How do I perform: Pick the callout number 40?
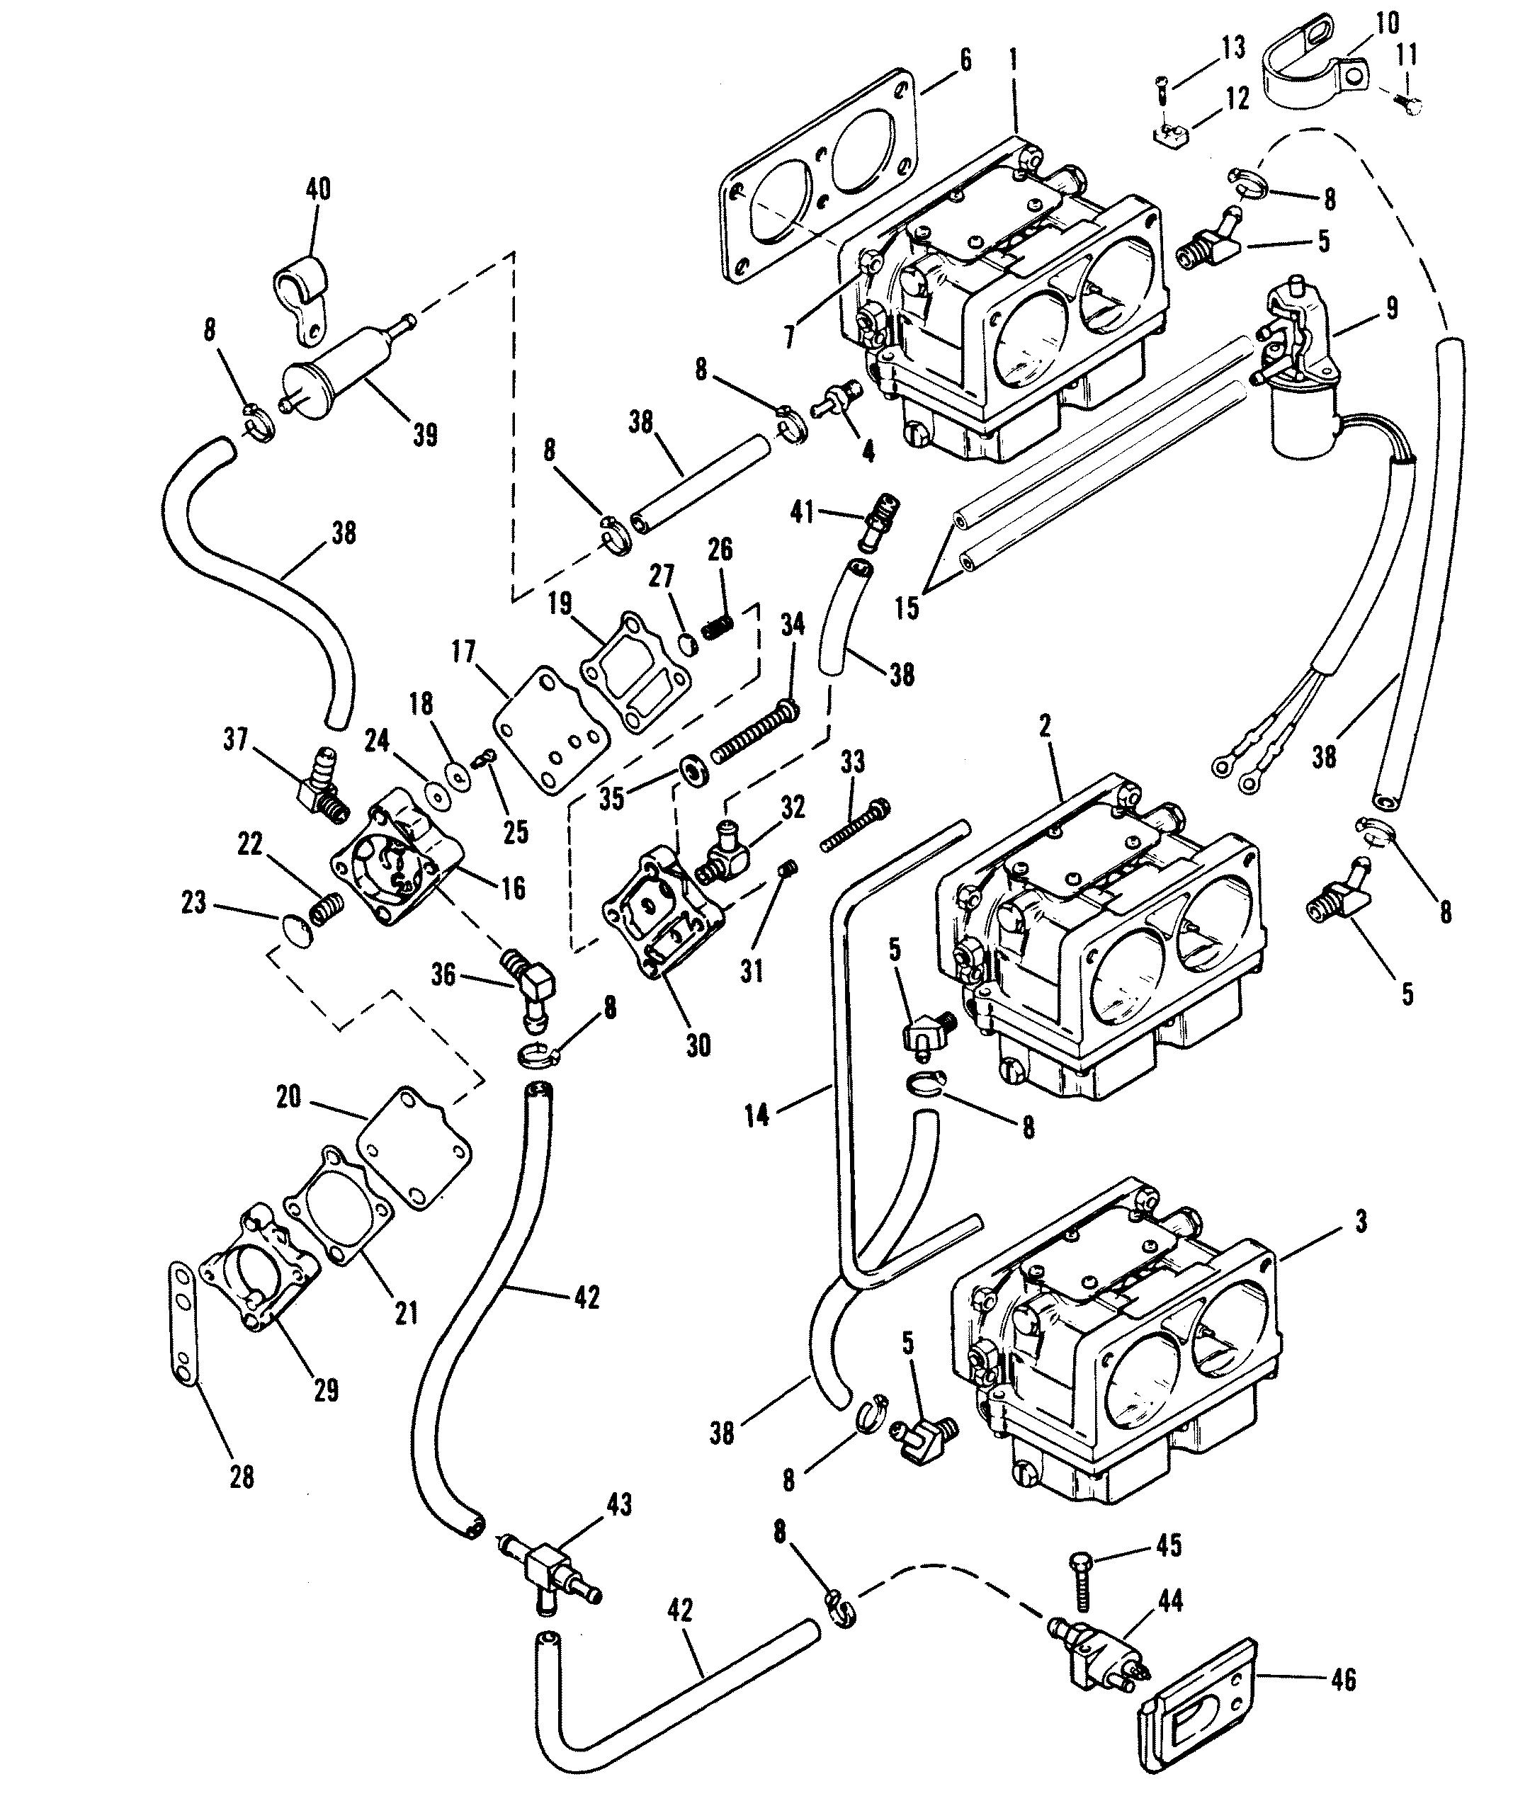pos(318,189)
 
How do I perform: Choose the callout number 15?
pos(907,608)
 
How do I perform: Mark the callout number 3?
pos(1360,1222)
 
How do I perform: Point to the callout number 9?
pos(1391,309)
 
